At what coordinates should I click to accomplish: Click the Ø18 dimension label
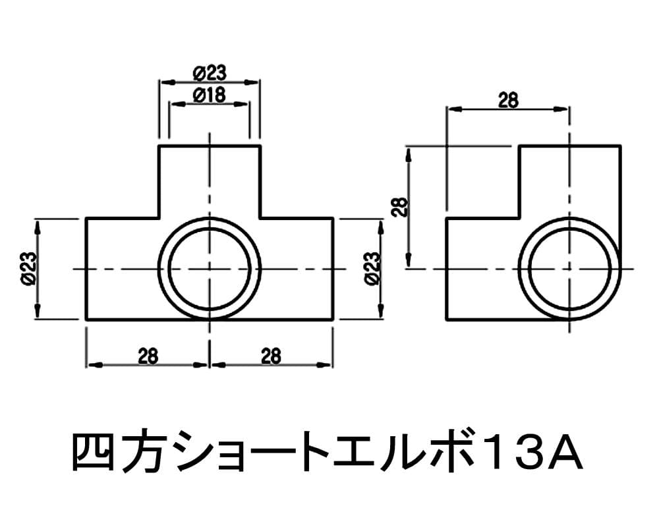pos(209,95)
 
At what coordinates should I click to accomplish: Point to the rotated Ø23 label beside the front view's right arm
pos(372,269)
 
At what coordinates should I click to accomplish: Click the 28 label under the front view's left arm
pos(148,356)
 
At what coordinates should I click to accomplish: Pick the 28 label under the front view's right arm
pos(270,356)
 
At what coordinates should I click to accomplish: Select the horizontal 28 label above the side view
pos(507,100)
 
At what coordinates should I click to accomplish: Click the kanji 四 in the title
pos(91,453)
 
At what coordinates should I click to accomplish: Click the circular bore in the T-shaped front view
pos(210,269)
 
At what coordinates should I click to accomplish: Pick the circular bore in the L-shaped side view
pos(569,269)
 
